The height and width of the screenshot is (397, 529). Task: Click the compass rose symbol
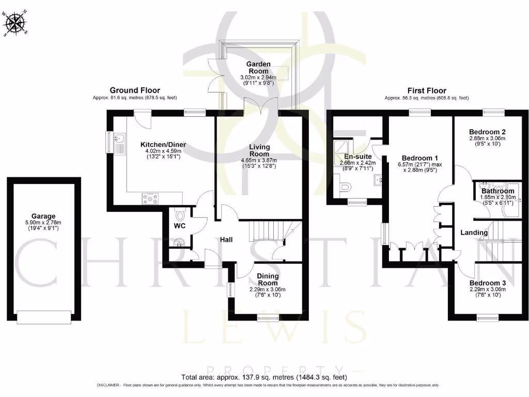click(x=15, y=23)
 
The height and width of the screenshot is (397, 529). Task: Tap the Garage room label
click(x=43, y=217)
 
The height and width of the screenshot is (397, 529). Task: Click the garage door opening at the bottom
click(x=43, y=316)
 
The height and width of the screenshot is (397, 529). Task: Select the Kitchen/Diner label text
click(x=163, y=145)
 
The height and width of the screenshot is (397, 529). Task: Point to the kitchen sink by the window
click(x=119, y=140)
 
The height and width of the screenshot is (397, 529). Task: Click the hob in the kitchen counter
click(x=151, y=197)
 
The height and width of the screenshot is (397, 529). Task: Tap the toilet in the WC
click(x=180, y=213)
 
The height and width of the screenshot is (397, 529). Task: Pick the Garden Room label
click(x=258, y=68)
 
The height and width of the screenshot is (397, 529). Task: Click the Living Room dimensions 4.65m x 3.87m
click(x=259, y=161)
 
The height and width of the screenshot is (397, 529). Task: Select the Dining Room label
click(x=268, y=280)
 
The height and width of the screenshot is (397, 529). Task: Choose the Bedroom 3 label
click(x=487, y=283)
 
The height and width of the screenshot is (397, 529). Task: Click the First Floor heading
click(x=427, y=90)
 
